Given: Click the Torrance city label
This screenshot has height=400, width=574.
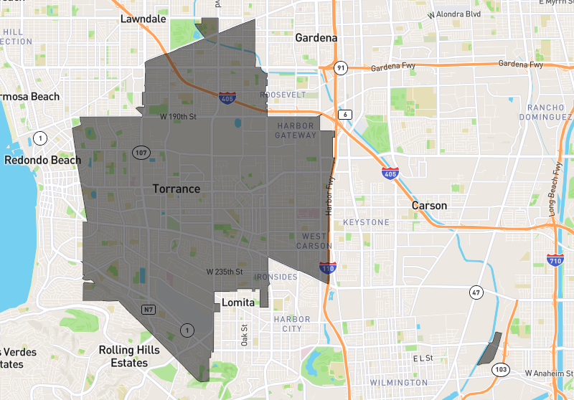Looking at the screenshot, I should click(176, 189).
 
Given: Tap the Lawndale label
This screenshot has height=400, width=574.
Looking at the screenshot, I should click(143, 19).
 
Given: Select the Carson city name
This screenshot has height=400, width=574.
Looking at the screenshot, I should click(429, 206).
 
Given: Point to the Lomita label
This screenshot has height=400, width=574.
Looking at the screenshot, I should click(237, 303).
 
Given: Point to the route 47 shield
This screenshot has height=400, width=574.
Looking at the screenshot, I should click(476, 292).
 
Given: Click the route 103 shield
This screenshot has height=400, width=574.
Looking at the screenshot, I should click(500, 370).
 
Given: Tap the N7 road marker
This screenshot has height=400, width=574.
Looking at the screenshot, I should click(149, 310).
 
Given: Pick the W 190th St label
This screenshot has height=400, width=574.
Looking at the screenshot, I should click(178, 116).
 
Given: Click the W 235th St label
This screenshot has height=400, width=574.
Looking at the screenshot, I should click(224, 272).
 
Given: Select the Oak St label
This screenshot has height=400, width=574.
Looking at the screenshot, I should click(244, 335).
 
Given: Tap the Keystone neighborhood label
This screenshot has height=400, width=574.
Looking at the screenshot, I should click(366, 222).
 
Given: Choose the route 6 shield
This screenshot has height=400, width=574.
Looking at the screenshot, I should click(346, 115).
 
